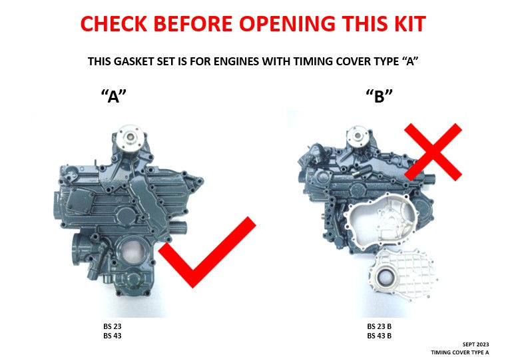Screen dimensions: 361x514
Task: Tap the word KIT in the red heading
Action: click(x=407, y=24)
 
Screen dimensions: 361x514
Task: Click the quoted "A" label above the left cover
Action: click(x=113, y=96)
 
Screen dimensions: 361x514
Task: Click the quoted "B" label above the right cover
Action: click(x=380, y=96)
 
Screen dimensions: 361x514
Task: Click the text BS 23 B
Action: click(x=379, y=327)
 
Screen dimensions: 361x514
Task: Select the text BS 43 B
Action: click(x=379, y=336)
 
